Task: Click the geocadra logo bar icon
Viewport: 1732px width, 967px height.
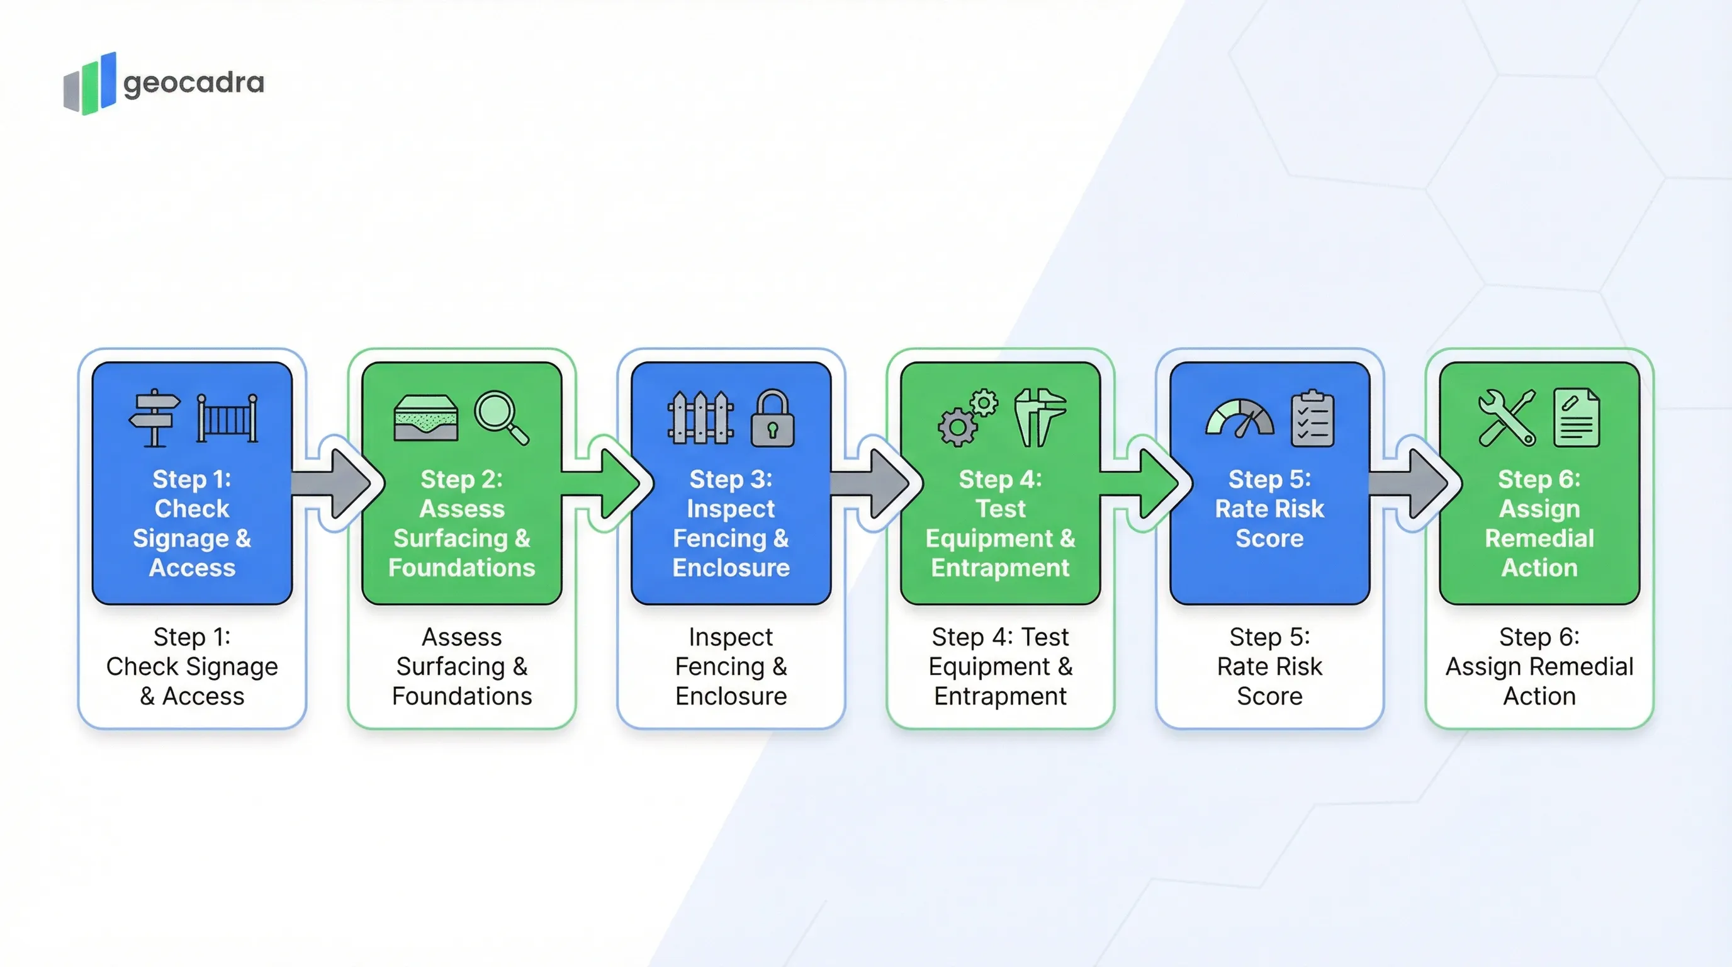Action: point(89,85)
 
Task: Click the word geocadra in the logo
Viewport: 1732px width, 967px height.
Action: point(194,83)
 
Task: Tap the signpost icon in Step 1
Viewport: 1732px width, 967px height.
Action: point(155,417)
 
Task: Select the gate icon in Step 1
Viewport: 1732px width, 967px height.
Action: point(227,417)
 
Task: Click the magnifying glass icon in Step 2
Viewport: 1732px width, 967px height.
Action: point(501,417)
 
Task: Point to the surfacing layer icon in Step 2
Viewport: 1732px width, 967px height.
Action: point(425,417)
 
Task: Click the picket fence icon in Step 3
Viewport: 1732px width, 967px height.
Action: point(700,417)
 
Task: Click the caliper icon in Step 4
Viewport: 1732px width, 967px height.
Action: point(1040,417)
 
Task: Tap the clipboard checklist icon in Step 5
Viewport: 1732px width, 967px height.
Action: point(1312,417)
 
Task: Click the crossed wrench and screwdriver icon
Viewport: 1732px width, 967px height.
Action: point(1507,417)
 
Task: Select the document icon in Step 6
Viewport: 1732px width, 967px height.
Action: point(1577,417)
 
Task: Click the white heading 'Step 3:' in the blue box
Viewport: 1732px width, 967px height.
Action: point(731,480)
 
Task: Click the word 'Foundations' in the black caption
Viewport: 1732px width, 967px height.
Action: point(462,696)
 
